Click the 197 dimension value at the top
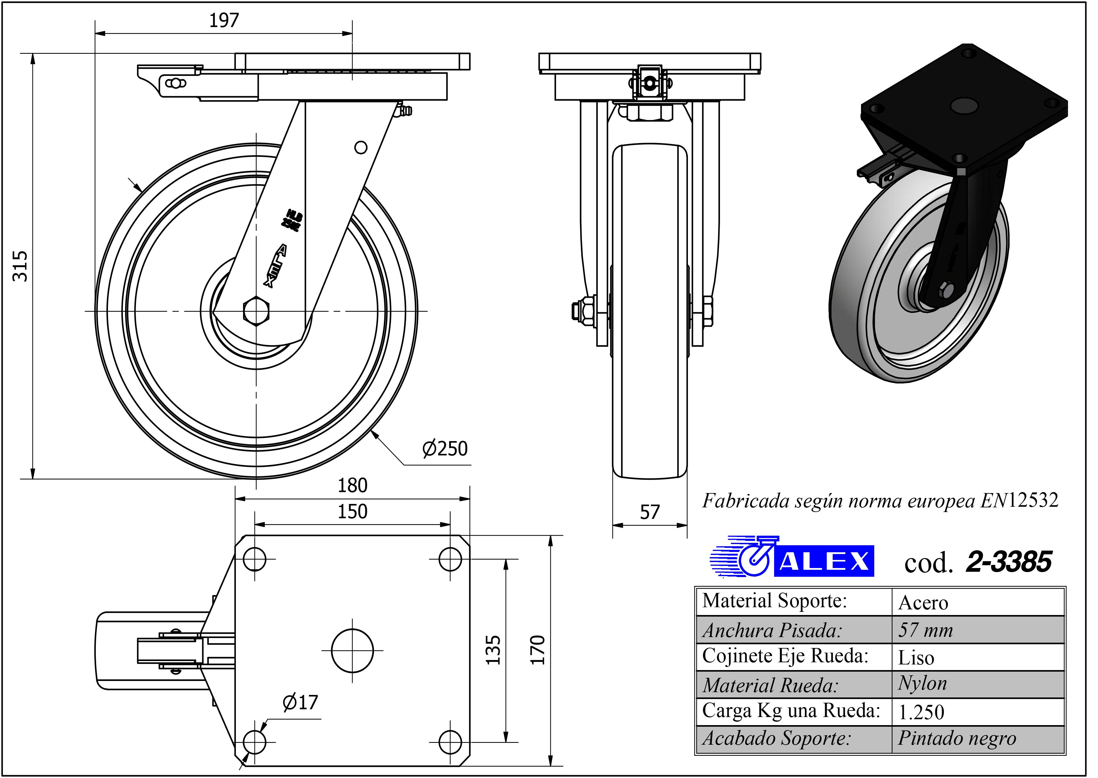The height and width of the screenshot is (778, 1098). (224, 21)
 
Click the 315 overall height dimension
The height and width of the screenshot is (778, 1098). (20, 266)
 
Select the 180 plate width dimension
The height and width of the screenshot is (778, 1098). (353, 486)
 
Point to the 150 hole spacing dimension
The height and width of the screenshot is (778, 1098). (353, 512)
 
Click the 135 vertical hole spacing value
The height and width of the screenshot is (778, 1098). (493, 650)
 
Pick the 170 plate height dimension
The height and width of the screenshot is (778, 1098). (538, 650)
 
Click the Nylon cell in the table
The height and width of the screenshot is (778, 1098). (923, 684)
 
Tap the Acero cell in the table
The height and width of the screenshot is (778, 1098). (923, 603)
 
